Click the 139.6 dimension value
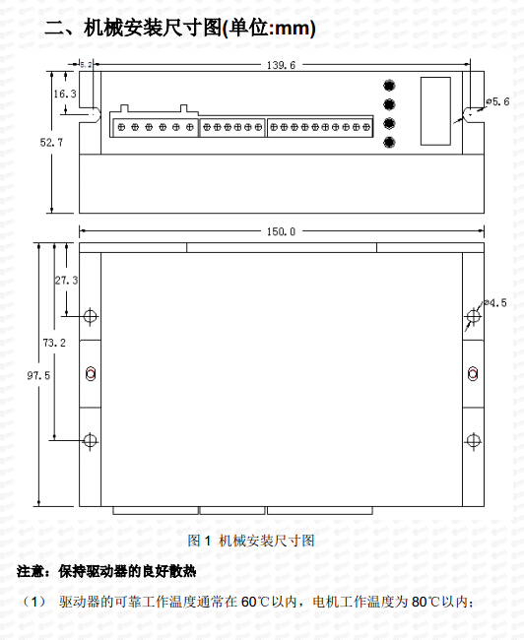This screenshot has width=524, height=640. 281,65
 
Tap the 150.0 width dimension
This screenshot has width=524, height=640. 281,231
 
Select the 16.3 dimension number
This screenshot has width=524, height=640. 65,94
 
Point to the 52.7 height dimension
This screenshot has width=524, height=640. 51,142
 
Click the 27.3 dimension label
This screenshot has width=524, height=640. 67,280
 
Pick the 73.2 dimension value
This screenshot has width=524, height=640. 54,343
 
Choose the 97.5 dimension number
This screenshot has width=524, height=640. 38,375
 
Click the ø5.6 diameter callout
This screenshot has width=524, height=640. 497,101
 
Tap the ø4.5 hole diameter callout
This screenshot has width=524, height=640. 495,303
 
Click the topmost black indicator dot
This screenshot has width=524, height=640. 389,86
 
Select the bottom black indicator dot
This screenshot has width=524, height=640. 389,142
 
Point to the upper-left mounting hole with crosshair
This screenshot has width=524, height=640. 90,315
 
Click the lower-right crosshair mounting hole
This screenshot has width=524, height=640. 473,441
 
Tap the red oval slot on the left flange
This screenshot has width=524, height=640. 91,373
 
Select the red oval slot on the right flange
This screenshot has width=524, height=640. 473,373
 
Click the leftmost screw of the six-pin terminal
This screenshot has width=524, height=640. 121,127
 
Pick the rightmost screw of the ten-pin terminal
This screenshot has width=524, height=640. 366,127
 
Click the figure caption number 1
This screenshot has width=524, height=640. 207,541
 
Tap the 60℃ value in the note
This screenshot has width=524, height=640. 255,602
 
